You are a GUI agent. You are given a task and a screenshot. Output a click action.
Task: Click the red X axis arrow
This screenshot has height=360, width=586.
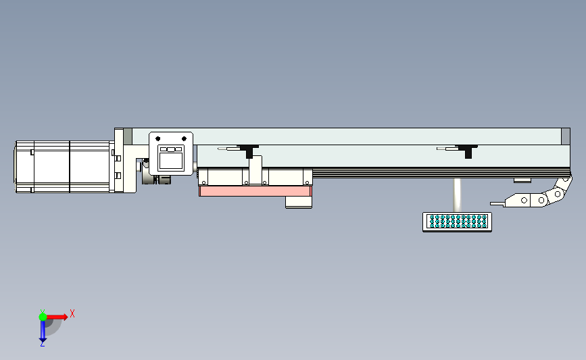(56, 317)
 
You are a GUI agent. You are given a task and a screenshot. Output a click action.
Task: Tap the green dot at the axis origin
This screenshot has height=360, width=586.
(43, 317)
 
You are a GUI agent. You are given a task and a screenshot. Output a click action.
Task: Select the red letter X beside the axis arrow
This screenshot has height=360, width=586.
(72, 313)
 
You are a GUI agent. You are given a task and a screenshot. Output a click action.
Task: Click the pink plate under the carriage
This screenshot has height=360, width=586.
(255, 191)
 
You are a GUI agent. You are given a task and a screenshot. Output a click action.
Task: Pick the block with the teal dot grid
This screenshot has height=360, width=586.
(457, 222)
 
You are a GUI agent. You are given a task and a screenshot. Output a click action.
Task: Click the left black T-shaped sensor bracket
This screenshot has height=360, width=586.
(249, 151)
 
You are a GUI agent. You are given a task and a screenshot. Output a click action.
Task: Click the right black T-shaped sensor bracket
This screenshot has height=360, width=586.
(467, 151)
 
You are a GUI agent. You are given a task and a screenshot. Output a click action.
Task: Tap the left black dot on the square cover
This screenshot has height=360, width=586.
(157, 139)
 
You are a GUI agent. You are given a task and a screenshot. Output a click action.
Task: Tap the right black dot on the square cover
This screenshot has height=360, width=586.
(184, 139)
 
